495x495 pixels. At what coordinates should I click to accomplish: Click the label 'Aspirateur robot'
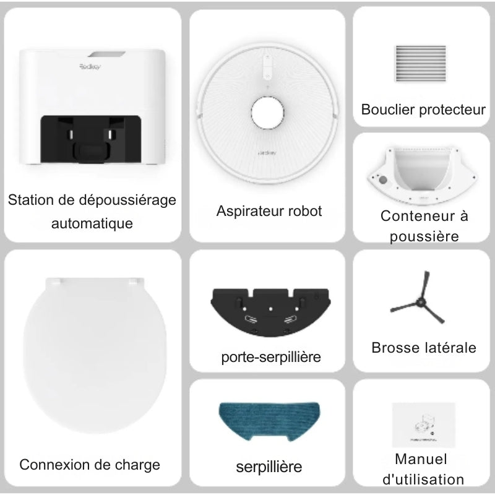[x=269, y=211]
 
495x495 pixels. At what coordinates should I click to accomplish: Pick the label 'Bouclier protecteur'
[x=424, y=110]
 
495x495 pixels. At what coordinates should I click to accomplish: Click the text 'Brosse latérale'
[x=424, y=348]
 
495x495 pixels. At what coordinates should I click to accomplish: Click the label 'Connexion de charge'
[x=90, y=465]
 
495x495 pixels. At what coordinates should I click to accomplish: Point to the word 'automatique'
[x=92, y=223]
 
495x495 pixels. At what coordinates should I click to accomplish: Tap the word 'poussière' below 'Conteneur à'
[x=424, y=236]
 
